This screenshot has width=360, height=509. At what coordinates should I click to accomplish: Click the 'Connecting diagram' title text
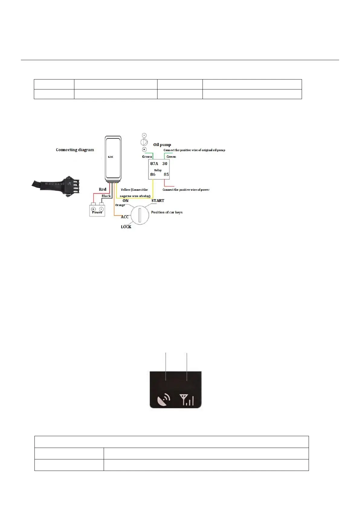click(75, 150)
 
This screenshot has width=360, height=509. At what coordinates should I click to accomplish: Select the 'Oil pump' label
click(162, 144)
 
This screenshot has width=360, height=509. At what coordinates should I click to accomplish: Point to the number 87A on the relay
click(154, 164)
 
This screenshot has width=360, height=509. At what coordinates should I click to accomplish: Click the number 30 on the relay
click(165, 164)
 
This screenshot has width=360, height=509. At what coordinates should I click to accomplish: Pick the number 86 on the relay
click(153, 174)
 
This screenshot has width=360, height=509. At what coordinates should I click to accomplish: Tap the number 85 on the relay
click(166, 174)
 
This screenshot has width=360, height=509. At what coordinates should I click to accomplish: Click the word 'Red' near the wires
click(102, 190)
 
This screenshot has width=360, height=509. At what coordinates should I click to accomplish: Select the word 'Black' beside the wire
click(106, 196)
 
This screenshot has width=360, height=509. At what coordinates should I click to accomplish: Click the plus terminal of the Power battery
click(93, 209)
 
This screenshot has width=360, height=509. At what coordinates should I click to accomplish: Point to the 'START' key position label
click(158, 201)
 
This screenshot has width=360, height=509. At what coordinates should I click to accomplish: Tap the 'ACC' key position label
click(125, 217)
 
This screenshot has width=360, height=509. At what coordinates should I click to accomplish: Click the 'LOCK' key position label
click(126, 227)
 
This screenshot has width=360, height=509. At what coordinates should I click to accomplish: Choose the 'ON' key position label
click(125, 201)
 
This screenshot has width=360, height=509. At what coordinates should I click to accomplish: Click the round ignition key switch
click(140, 215)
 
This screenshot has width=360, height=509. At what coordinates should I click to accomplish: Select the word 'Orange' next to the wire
click(120, 205)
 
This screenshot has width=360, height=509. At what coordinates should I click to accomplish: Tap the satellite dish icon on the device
click(164, 400)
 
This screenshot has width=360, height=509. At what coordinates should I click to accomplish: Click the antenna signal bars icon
click(186, 400)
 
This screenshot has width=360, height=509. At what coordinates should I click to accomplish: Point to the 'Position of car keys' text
click(167, 212)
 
